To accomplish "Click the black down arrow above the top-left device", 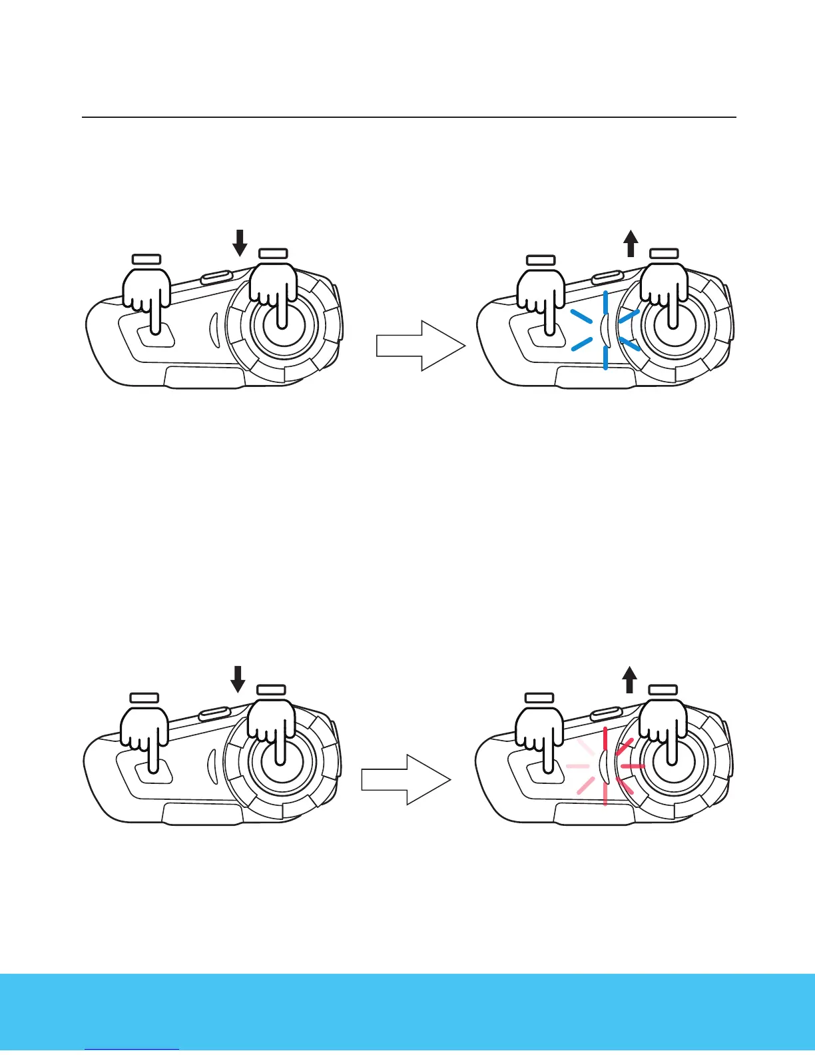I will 240,243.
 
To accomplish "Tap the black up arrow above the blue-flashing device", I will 631,243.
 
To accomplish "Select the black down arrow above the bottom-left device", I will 238,680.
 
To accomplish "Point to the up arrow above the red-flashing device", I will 629,680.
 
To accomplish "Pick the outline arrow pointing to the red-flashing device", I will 406,780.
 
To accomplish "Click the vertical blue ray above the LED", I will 605,302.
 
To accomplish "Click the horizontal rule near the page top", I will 409,118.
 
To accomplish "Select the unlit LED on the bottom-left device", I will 213,765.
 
